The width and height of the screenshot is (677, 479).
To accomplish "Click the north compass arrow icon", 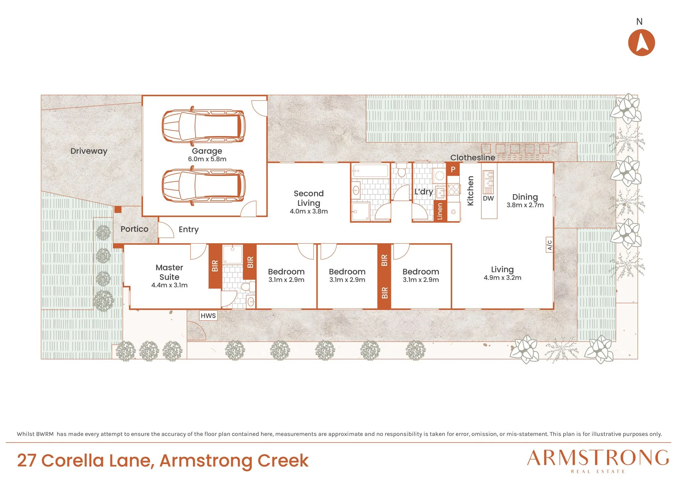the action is coord(641,43).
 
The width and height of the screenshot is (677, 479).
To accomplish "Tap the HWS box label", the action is coord(208,316).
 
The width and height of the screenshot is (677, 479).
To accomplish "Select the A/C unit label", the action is coord(549,245).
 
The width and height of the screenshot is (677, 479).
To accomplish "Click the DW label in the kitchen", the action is coord(488,199).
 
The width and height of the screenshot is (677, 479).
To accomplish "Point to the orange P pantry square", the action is coord(453,169).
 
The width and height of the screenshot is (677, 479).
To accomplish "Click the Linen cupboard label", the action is coord(440,211).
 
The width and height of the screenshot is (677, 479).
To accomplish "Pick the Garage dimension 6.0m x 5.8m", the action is coord(207,159).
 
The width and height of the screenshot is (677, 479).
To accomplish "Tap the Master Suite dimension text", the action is coord(169,285).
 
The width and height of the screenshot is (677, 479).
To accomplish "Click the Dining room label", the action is coord(525,197).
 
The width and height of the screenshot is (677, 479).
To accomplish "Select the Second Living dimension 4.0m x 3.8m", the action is coord(309,211).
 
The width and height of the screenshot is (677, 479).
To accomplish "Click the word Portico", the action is coord(134,229).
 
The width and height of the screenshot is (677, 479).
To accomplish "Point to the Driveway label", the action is coord(89,151).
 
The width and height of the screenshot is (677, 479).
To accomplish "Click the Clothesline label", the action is coord(473,158).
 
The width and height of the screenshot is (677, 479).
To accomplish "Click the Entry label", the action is coord(189,230).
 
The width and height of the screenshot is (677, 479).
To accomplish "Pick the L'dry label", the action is coord(424,192).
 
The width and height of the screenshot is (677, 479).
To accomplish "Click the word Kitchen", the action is coord(470,191).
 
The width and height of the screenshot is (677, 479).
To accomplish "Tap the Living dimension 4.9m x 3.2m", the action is coord(502,278).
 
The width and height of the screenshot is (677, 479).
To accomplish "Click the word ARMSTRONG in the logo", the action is coord(598,458).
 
